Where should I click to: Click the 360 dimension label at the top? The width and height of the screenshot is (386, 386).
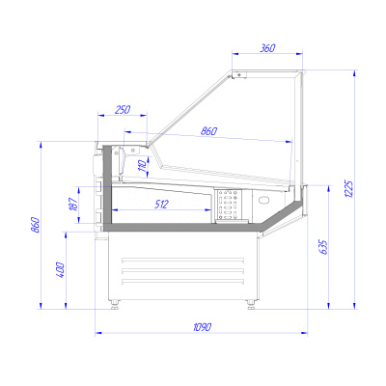point(267,48)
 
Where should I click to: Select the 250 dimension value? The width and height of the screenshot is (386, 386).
point(123,110)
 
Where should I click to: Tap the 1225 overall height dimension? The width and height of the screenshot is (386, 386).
point(350,189)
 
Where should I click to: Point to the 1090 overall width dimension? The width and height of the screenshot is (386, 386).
point(203,327)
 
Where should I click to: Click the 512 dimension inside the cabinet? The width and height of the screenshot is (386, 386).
point(161,204)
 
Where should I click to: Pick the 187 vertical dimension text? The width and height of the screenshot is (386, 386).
point(73,205)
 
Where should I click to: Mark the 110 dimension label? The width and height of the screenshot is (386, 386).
point(143,166)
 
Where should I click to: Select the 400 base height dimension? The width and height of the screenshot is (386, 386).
point(61,270)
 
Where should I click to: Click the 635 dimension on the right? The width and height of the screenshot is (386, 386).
point(323,247)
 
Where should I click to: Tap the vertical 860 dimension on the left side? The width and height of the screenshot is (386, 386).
point(35,225)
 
